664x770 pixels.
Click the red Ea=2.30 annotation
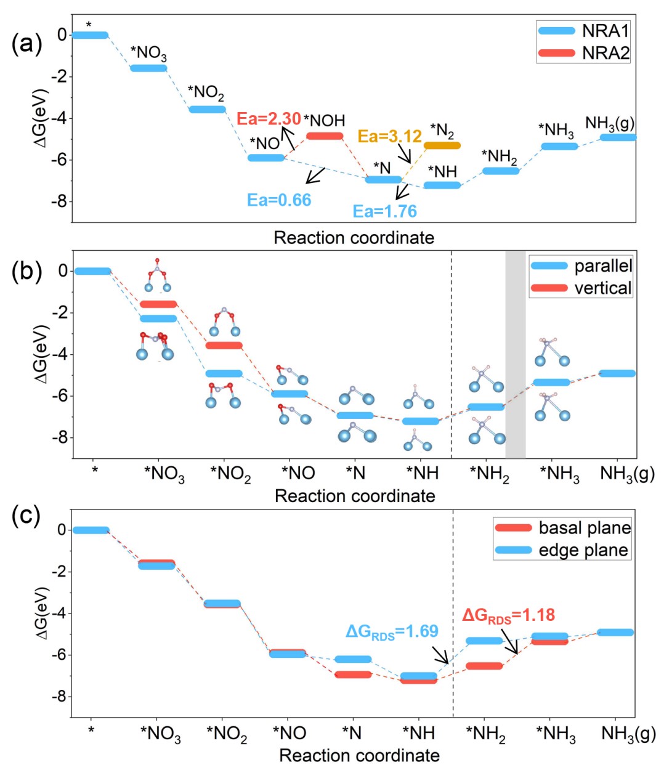269,118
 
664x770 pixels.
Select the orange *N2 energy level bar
442,145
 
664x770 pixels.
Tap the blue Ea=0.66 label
279,200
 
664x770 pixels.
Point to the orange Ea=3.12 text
390,136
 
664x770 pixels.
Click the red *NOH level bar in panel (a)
325,136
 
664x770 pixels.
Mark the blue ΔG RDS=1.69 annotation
392,631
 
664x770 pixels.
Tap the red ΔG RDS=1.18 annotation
508,615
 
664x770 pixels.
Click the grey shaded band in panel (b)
516,354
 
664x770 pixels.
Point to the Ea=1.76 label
384,211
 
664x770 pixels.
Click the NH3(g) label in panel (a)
609,123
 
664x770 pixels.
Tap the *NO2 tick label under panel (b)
230,474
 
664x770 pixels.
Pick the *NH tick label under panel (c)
419,734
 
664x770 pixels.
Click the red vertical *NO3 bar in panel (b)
158,304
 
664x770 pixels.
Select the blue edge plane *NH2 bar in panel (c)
484,641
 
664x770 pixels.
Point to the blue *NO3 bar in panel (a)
148,68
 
